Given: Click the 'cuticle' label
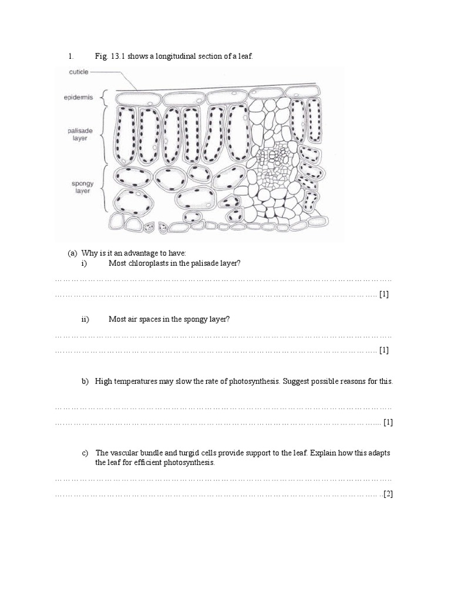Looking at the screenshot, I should pyautogui.click(x=78, y=72).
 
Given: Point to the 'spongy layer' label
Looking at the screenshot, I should pyautogui.click(x=79, y=188).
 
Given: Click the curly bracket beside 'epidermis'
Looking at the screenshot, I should pyautogui.click(x=106, y=97).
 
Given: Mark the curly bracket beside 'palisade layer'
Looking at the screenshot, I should pyautogui.click(x=106, y=135).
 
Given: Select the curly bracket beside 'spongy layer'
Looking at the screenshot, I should pyautogui.click(x=106, y=188).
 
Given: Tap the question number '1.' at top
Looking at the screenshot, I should pyautogui.click(x=70, y=56).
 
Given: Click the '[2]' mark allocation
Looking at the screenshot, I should pyautogui.click(x=388, y=494).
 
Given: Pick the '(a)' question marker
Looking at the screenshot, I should pyautogui.click(x=73, y=253).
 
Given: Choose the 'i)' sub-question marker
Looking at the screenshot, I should pyautogui.click(x=84, y=263).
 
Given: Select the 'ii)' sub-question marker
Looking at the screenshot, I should pyautogui.click(x=85, y=319).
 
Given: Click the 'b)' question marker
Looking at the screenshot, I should pyautogui.click(x=85, y=381).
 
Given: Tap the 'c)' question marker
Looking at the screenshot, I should pyautogui.click(x=85, y=453).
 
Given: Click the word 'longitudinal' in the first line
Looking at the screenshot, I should pyautogui.click(x=186, y=56).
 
